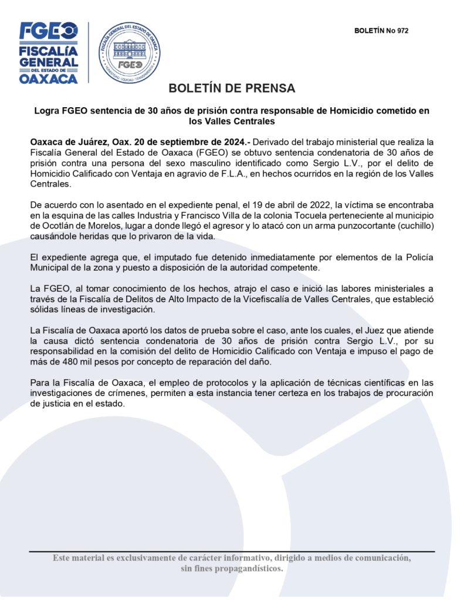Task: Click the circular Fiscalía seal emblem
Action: pos(129,52)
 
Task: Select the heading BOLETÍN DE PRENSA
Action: pos(232,88)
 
